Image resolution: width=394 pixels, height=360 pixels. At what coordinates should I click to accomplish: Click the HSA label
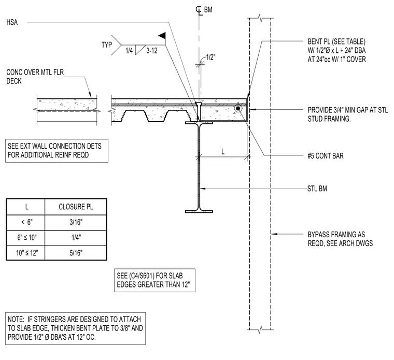pyautogui.click(x=12, y=22)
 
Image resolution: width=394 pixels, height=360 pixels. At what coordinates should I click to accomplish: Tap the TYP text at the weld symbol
pyautogui.click(x=107, y=45)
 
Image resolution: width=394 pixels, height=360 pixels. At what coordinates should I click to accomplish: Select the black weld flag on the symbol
pyautogui.click(x=162, y=36)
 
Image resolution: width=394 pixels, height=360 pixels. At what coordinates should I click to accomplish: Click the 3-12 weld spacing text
pyautogui.click(x=152, y=51)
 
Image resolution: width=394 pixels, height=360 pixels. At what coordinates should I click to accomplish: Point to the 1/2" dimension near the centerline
pyautogui.click(x=210, y=57)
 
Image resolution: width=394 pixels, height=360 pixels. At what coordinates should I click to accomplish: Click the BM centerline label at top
pyautogui.click(x=208, y=10)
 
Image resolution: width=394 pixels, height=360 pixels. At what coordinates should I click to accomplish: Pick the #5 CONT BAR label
pyautogui.click(x=326, y=156)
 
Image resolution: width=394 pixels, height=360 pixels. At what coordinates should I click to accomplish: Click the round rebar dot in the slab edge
pyautogui.click(x=238, y=109)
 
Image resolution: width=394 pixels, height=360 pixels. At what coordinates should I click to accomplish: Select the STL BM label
pyautogui.click(x=317, y=189)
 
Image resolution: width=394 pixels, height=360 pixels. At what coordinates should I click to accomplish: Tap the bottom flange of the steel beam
pyautogui.click(x=199, y=212)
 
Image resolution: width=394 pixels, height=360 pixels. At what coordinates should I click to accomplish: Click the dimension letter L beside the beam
pyautogui.click(x=223, y=152)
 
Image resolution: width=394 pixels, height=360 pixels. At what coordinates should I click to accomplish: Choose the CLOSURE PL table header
pyautogui.click(x=76, y=207)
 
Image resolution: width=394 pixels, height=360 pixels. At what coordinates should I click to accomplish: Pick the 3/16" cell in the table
pyautogui.click(x=76, y=222)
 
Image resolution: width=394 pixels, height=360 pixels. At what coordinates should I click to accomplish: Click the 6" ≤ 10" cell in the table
pyautogui.click(x=27, y=237)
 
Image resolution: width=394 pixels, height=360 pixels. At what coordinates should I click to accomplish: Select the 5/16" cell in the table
pyautogui.click(x=76, y=253)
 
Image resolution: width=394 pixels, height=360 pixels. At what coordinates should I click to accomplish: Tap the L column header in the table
pyautogui.click(x=26, y=207)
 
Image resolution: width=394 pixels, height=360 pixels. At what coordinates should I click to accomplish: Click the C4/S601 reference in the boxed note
pyautogui.click(x=142, y=276)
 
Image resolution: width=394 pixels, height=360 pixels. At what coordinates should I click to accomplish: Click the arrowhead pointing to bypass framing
pyautogui.click(x=274, y=234)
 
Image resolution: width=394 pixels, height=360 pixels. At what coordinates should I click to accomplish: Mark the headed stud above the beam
pyautogui.click(x=199, y=111)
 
